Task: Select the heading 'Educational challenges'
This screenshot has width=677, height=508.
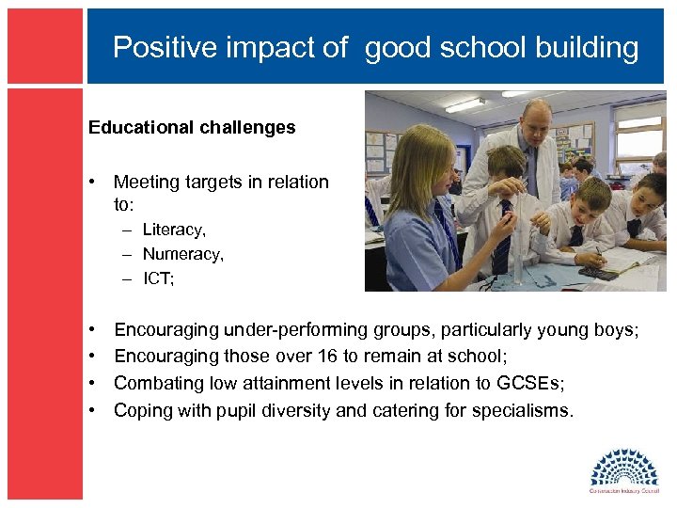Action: pyautogui.click(x=192, y=127)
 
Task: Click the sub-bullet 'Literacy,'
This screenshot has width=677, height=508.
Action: pyautogui.click(x=174, y=230)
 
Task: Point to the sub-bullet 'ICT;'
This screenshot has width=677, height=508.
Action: pyautogui.click(x=159, y=278)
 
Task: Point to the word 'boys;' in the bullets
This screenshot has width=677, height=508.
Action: pyautogui.click(x=616, y=330)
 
